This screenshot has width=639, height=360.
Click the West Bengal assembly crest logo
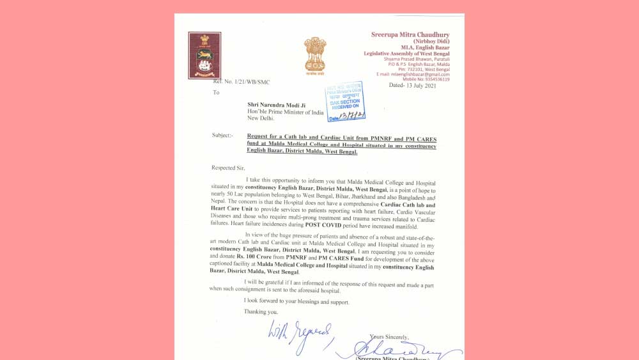click(x=204, y=55)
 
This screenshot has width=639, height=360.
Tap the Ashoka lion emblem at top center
click(x=314, y=54)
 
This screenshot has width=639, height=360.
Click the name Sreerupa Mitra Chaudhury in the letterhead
click(x=410, y=34)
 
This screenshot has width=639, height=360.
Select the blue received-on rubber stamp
click(x=345, y=101)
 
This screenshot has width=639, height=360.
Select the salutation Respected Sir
click(x=228, y=168)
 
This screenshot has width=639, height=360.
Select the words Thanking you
click(x=261, y=311)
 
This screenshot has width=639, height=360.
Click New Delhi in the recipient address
click(x=261, y=118)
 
